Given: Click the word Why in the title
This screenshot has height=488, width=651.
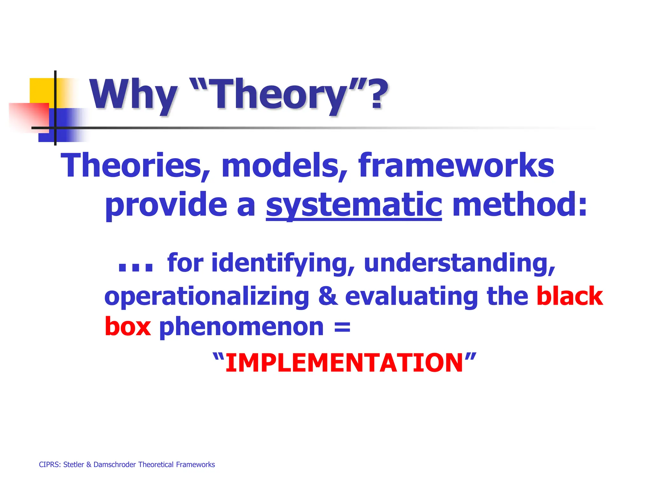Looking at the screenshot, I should [133, 94].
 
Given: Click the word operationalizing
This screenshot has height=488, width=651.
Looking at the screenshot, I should [207, 297].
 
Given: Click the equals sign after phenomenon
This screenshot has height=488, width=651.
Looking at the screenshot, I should [342, 327].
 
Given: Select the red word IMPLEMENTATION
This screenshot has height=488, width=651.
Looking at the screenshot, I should [344, 363].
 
